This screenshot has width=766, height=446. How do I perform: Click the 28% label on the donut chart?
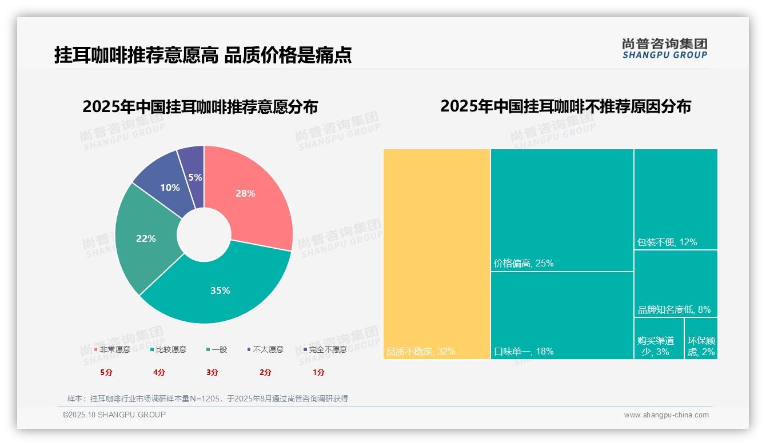[x=245, y=193]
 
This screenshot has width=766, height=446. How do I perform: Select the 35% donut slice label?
[x=220, y=290]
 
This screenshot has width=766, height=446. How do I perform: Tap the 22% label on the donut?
[x=146, y=238]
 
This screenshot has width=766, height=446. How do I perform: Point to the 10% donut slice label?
[x=170, y=188]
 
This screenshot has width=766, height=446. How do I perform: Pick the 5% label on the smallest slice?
[x=195, y=177]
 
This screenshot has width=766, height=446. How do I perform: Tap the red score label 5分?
[x=106, y=372]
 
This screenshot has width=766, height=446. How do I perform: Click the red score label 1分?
[x=318, y=372]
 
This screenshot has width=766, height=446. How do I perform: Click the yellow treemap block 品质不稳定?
[x=437, y=254]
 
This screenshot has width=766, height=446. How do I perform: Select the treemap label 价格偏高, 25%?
[x=524, y=264]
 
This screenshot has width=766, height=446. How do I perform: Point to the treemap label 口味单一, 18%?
[x=524, y=351]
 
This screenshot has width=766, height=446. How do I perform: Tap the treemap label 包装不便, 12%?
[x=667, y=242]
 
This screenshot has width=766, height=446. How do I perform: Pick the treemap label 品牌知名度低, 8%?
[x=674, y=309]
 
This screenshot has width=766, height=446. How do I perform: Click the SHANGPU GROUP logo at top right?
[x=665, y=49]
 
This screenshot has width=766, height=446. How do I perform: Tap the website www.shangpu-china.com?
[x=666, y=415]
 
